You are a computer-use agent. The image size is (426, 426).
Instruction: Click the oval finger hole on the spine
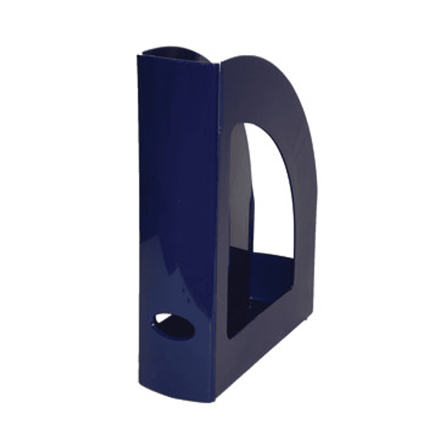point(174,326)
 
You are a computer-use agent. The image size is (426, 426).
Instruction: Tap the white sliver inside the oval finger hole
point(168,320)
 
